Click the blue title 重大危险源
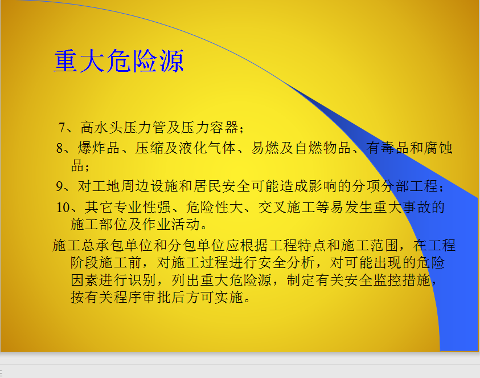(x=119, y=61)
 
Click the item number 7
(x=62, y=128)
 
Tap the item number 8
(x=60, y=148)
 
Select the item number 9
(x=60, y=186)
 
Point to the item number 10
(x=64, y=207)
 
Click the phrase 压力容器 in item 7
(x=210, y=128)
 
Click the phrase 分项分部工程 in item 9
(x=395, y=186)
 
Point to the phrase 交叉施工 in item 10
(x=286, y=207)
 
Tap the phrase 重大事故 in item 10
(x=401, y=207)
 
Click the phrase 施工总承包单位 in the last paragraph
(x=102, y=246)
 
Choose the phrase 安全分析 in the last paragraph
(x=286, y=263)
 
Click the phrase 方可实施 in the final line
(x=214, y=297)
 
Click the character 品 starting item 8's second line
(x=77, y=165)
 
